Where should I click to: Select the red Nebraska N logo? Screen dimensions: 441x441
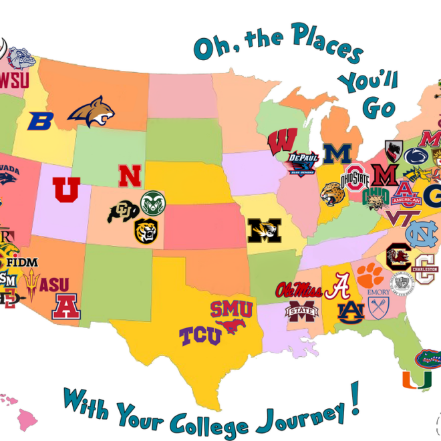(130, 175)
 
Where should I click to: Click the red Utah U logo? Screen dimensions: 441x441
(66, 189)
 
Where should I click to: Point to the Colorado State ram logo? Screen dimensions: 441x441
(152, 202)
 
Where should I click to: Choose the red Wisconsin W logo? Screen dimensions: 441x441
(283, 142)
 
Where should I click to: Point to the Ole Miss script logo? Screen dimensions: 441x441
(298, 291)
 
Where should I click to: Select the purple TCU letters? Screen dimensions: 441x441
(200, 335)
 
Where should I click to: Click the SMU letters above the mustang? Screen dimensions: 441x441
(231, 309)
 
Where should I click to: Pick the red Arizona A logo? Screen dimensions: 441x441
(65, 306)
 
